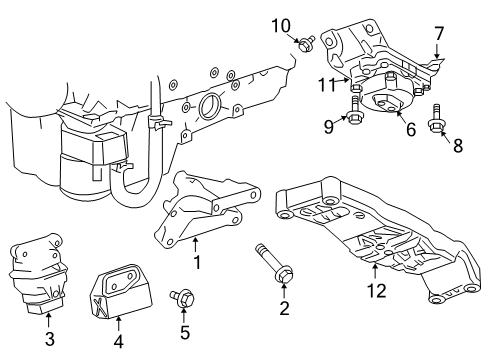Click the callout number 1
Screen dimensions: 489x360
coord(197,262)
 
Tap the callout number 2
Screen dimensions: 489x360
coord(284,308)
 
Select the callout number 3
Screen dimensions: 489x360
coord(49,339)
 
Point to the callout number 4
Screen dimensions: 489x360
coord(119,341)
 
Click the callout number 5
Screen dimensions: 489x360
coord(185,332)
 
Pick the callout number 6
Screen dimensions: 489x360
coord(411,129)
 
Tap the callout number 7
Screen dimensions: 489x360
coord(439,33)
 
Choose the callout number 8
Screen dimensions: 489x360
coord(458,145)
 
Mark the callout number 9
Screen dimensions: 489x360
coord(329,127)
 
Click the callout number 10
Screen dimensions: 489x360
coord(281,26)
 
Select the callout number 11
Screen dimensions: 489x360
coord(327,85)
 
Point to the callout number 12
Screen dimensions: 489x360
coord(377,290)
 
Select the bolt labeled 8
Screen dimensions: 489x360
coord(436,119)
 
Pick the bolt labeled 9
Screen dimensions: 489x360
coord(355,109)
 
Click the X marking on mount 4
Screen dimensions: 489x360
coord(99,305)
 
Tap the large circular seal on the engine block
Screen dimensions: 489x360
coord(209,105)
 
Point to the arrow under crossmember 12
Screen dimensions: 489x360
coord(375,271)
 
